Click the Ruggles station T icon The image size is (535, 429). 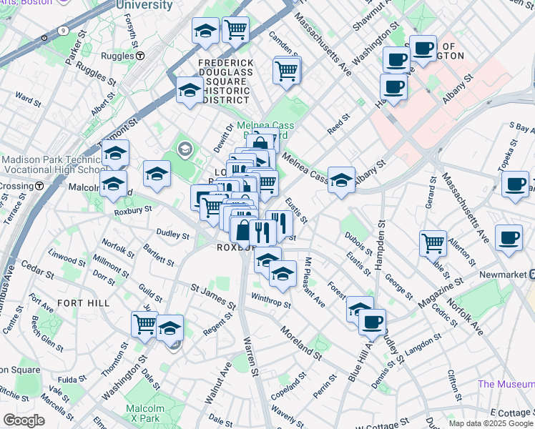142,55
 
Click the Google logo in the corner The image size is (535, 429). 24,420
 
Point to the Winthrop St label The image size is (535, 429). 271,300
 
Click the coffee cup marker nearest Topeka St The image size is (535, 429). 514,184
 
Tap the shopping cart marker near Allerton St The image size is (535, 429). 433,244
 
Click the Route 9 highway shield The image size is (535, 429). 64,31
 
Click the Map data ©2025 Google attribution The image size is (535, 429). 490,423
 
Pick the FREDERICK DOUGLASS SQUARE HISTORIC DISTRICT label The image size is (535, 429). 226,80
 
